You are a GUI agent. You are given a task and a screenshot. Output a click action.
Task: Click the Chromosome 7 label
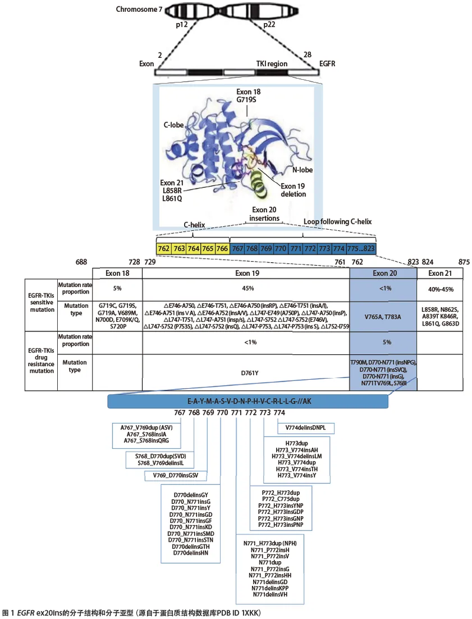coord(136,9)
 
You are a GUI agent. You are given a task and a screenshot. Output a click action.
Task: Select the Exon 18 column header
coord(117,273)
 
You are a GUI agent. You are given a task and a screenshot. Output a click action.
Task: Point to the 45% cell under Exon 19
coord(247,288)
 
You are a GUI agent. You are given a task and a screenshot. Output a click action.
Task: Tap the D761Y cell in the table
coord(247,373)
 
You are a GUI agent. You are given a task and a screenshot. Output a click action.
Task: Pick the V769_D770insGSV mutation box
coord(178,474)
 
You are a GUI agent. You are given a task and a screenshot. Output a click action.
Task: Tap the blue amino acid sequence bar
coord(247,401)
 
